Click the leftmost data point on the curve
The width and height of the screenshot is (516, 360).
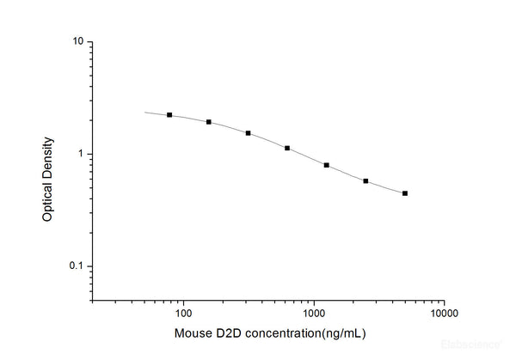tap(169, 114)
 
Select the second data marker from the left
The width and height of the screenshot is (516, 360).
tap(209, 122)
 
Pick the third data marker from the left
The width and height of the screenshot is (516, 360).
tap(249, 133)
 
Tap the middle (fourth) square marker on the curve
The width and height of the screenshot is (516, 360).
tap(287, 148)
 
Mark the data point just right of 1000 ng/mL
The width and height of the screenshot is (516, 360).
tap(327, 165)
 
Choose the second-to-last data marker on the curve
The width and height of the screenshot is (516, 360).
tap(365, 181)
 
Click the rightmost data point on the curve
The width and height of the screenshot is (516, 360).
tap(405, 193)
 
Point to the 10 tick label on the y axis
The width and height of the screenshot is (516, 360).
tap(77, 42)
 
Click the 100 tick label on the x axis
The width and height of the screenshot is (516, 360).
tap(184, 314)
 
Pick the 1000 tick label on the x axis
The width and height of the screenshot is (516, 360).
tap(314, 314)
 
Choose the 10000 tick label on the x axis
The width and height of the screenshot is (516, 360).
tap(444, 314)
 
